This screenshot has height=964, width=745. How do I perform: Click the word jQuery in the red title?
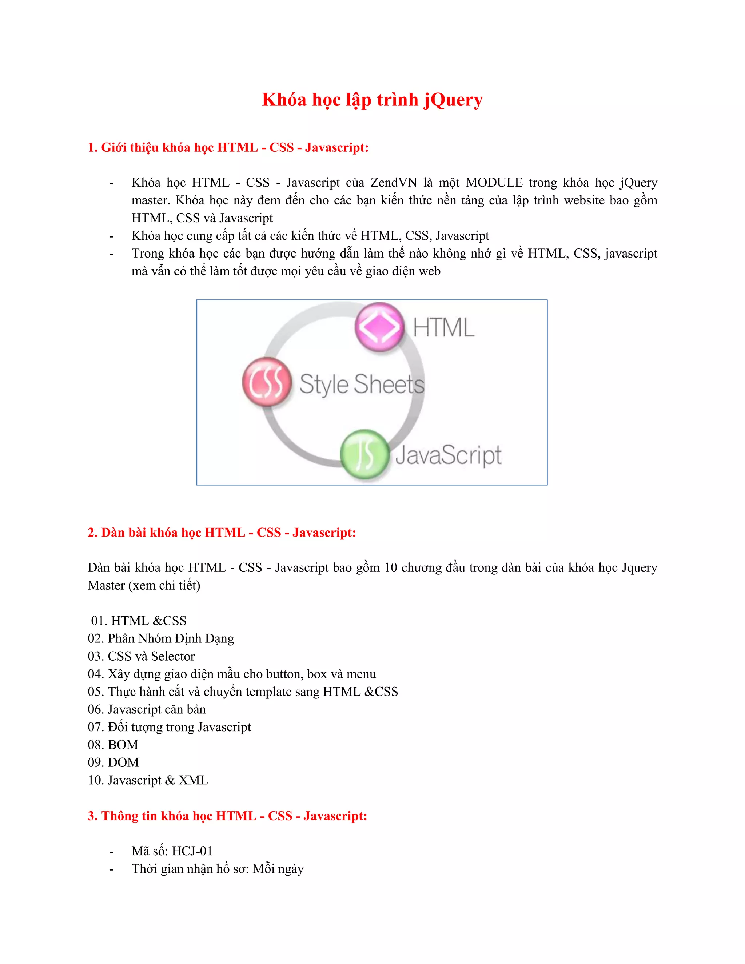pos(453,100)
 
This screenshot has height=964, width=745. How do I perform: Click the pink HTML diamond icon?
pos(379,327)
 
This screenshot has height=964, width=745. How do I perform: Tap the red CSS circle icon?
pos(267,382)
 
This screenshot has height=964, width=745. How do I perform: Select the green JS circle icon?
pos(364,454)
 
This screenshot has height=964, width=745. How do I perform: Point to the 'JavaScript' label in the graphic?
pos(449,455)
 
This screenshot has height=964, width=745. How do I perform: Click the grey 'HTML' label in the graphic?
pos(443,328)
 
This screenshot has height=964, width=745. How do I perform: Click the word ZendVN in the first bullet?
pos(393,183)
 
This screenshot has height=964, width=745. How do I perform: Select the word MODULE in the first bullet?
pos(494,183)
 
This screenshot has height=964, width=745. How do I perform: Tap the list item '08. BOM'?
pos(113,745)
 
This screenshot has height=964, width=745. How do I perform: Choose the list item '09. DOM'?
pos(113,762)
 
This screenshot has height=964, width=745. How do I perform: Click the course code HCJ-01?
pos(192,851)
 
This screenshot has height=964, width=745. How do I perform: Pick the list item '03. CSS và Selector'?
pos(141,656)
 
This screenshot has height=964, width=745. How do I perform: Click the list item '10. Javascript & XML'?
pos(148,780)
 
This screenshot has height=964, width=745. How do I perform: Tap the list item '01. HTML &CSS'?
pos(139,621)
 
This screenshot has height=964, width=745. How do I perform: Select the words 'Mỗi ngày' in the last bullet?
pos(278,869)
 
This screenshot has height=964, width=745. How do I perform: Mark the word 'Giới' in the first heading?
pos(113,147)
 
